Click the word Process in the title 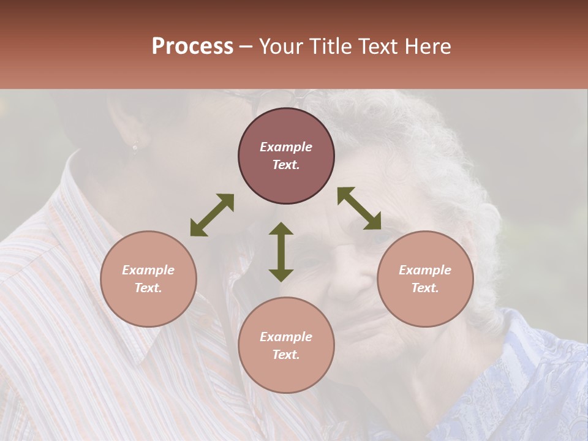pos(192,47)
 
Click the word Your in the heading pos(283,47)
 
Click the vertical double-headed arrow pos(281,252)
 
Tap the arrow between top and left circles pos(212,215)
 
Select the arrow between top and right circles pos(360,208)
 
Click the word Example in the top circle pos(286,147)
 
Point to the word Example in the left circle pos(148,270)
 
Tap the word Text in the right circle pos(424,288)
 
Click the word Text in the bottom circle pos(286,355)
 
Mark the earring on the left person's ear pos(135,147)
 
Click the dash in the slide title pos(246,47)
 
